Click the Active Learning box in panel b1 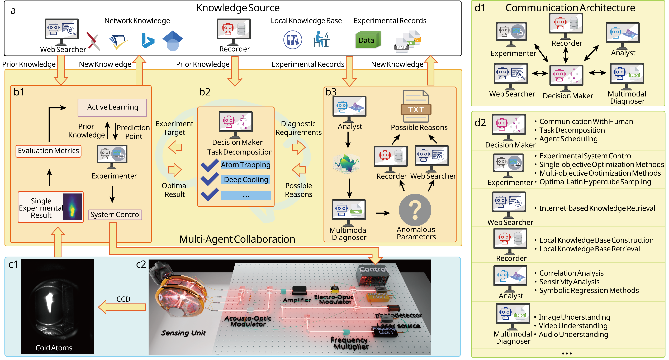[112, 107]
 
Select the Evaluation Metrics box [48, 151]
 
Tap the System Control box [115, 215]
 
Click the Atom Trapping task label [245, 165]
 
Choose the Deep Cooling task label [246, 180]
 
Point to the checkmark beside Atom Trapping [209, 165]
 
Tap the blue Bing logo [148, 40]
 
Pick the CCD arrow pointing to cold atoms [122, 307]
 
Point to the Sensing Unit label [183, 333]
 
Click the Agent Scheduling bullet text [568, 139]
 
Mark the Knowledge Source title [238, 8]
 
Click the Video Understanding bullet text [573, 326]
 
